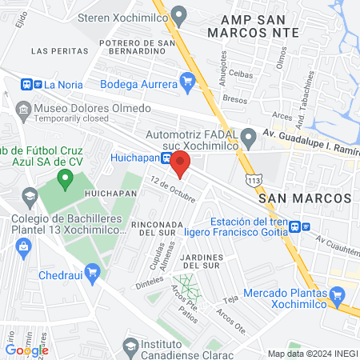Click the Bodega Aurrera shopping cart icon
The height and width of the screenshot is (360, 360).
tap(188, 80)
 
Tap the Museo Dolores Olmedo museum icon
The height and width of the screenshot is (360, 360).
tap(23, 108)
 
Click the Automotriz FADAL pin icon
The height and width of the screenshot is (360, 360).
tap(248, 135)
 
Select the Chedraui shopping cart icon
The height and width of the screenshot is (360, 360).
tap(92, 270)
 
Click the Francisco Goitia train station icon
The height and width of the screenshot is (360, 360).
tap(295, 226)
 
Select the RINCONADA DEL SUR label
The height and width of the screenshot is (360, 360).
tap(163, 228)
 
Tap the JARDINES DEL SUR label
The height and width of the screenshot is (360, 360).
tap(211, 260)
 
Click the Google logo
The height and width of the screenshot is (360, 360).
tap(26, 350)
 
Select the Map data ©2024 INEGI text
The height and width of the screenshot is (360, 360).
tap(312, 354)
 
